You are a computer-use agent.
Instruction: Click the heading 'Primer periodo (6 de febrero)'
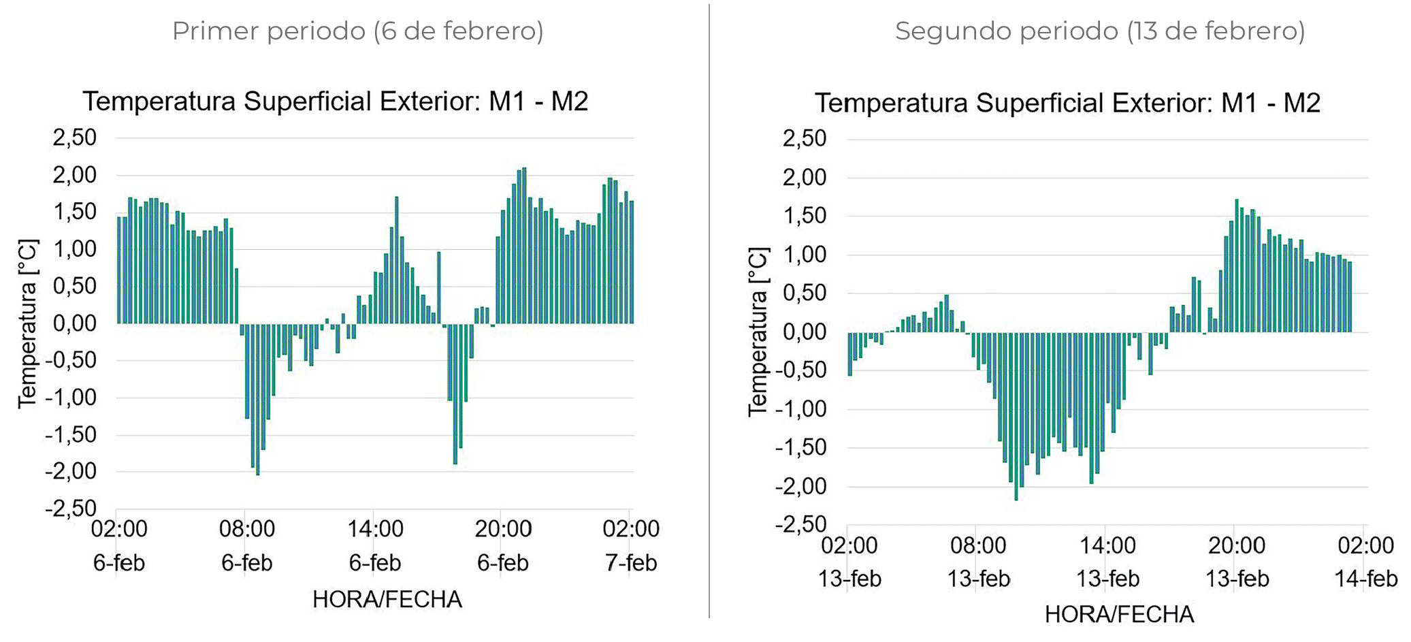tap(357, 31)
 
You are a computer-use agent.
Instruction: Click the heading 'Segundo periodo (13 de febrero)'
tap(1099, 31)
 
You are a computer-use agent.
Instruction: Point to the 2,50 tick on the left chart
tap(75, 138)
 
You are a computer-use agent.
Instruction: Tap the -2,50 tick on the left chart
tap(71, 509)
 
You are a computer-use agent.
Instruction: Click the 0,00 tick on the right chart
tap(805, 332)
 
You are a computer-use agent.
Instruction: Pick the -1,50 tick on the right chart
tap(800, 448)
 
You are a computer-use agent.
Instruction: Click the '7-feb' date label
tap(631, 563)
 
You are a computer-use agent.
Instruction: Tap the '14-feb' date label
tap(1365, 579)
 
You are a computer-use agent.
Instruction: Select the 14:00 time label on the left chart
tap(375, 529)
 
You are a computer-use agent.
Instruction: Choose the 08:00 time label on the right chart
tap(978, 545)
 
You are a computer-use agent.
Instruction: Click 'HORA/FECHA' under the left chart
tap(387, 599)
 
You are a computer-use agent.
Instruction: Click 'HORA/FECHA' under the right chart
tap(1119, 614)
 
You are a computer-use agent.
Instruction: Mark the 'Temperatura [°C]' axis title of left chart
tap(28, 323)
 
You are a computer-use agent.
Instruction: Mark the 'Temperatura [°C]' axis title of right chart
tap(758, 332)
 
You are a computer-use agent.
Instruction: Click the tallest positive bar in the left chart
tap(524, 245)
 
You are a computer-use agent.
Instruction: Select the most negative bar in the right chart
tap(1016, 416)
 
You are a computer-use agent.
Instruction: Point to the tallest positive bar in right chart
tap(1237, 266)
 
